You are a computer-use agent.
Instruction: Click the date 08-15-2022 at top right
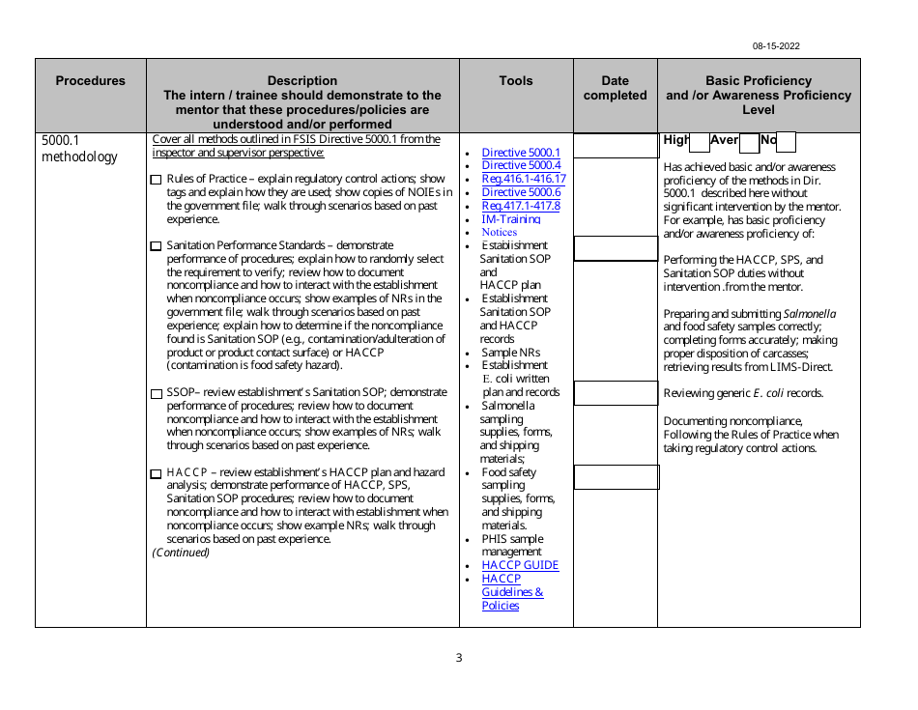point(776,46)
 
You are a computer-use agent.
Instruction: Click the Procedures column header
point(90,81)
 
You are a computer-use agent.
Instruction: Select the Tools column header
point(515,81)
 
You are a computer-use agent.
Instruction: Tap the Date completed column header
point(615,88)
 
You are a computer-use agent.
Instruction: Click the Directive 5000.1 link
point(520,153)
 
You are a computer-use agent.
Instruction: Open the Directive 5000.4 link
point(520,166)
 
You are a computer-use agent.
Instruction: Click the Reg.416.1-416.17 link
point(523,179)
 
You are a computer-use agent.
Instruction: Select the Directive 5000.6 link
point(520,192)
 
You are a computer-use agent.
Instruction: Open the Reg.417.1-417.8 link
point(520,206)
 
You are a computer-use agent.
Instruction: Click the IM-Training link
point(510,219)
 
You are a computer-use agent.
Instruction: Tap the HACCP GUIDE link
point(520,565)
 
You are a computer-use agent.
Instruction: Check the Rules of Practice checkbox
point(157,180)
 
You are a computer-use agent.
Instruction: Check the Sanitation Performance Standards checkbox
point(157,246)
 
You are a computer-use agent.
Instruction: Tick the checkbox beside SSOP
point(157,393)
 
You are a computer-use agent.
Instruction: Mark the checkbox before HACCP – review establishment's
point(157,473)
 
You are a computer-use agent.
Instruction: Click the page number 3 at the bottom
point(459,658)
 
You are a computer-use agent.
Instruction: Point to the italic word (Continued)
point(181,553)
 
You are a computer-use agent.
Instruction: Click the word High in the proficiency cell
point(674,141)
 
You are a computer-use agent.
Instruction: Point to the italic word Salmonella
point(809,314)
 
